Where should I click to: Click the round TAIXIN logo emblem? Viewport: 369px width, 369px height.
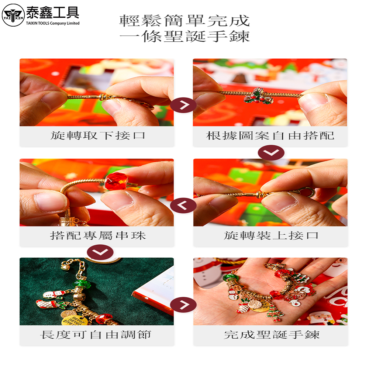point(13,15)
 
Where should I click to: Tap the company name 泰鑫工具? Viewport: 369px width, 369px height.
point(52,13)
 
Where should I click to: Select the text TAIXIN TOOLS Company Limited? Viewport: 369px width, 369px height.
point(53,23)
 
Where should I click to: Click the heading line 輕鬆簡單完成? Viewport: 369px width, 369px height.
point(184,21)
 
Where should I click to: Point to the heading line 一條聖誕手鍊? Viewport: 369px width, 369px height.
point(184,36)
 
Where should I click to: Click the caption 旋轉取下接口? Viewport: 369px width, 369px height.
point(97,135)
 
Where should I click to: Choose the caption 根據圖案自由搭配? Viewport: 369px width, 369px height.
point(270,135)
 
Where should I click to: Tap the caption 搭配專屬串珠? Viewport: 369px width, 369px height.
point(98,235)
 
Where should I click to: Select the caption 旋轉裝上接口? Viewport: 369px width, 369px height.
point(271,235)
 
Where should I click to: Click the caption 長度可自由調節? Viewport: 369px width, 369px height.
point(96,335)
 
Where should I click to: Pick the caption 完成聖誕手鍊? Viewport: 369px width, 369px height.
point(272,335)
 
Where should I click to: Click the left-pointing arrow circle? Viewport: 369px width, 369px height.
point(183,206)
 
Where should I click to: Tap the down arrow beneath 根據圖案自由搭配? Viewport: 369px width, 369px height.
point(271,153)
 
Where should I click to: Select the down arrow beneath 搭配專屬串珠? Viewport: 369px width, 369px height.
point(100,252)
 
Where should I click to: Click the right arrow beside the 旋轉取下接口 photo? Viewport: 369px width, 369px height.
point(183,105)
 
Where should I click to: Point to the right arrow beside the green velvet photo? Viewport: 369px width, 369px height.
point(183,305)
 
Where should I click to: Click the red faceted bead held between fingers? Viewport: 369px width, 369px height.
point(116,181)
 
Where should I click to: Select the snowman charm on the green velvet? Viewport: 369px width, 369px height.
point(55,294)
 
